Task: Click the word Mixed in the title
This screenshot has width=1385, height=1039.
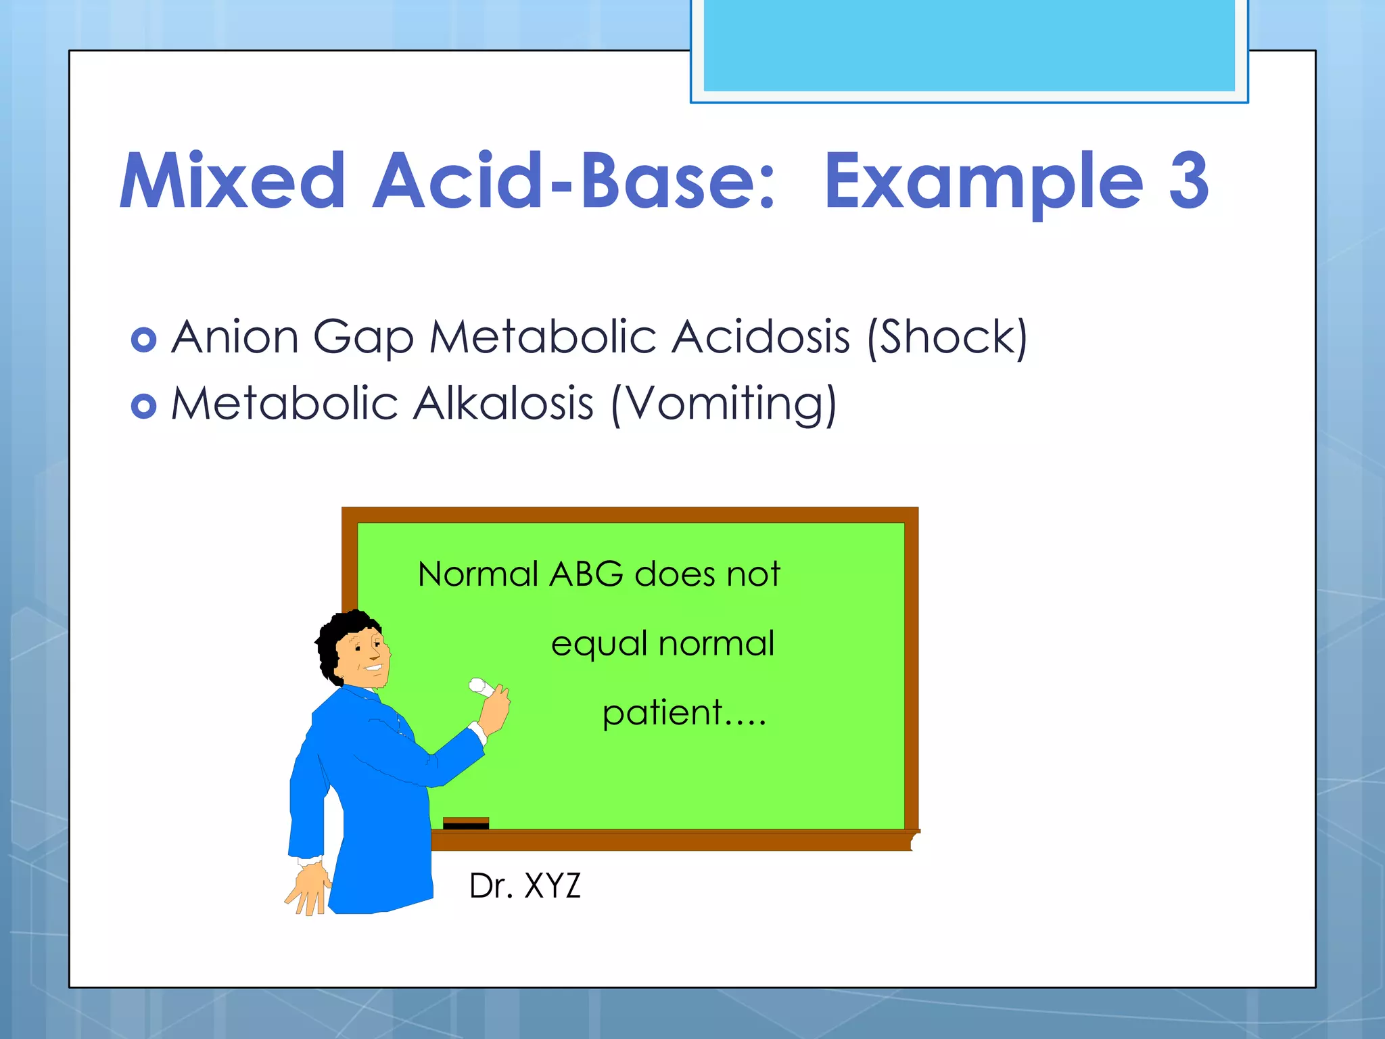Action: tap(232, 181)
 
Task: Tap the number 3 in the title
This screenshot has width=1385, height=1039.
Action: tap(1188, 181)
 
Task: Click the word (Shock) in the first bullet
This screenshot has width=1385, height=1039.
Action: tap(947, 337)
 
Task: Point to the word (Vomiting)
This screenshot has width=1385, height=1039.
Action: tap(724, 404)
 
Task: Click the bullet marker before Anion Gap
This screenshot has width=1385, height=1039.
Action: tap(143, 340)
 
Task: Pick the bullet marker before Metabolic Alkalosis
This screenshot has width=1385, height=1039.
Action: tap(143, 406)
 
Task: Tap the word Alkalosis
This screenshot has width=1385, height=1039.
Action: tap(503, 404)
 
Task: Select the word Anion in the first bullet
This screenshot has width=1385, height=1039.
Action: tap(235, 337)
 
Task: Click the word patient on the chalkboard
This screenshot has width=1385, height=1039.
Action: tap(663, 713)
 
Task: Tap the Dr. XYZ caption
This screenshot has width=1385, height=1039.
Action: tap(525, 885)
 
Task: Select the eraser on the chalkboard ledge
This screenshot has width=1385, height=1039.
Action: tap(465, 823)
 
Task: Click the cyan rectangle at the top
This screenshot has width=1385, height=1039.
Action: tap(968, 46)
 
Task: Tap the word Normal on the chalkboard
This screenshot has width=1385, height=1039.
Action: tap(477, 574)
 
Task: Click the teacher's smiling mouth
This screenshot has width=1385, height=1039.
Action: tap(373, 669)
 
